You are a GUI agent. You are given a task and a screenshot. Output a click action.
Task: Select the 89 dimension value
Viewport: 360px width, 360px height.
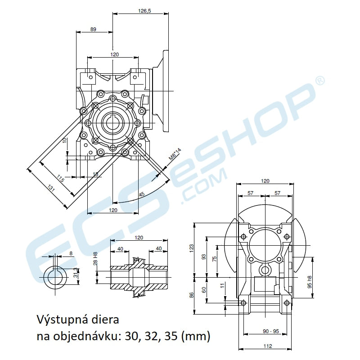(93, 29)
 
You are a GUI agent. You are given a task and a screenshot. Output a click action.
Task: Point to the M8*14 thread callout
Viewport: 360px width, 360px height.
(174, 155)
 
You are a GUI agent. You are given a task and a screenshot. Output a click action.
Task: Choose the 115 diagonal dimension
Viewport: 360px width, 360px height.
(61, 179)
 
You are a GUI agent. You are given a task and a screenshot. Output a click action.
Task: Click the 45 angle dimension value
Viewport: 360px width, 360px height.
(142, 194)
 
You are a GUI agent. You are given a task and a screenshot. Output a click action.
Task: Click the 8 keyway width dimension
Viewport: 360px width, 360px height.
(71, 253)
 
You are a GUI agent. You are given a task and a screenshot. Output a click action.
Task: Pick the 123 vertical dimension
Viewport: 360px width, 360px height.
(191, 247)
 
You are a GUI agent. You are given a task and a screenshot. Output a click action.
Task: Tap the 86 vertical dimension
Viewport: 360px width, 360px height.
(191, 295)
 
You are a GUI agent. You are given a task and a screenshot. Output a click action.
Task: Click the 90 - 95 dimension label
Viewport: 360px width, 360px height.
(270, 331)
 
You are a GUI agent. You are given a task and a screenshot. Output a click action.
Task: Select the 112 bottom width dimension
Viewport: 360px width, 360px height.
(268, 346)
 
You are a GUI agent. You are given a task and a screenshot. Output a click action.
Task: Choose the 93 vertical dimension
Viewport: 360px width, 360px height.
(203, 257)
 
